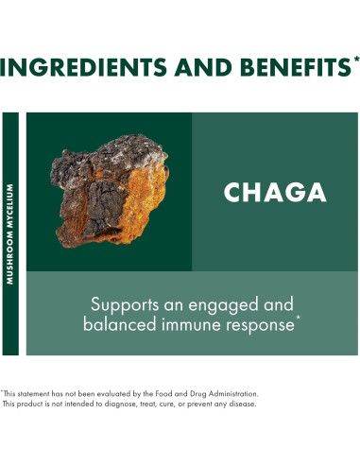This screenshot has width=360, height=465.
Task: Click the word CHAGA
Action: pos(275,192)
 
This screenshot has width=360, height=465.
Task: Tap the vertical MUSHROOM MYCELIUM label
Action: pos(10,232)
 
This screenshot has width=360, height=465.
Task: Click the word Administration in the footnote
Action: pos(228,393)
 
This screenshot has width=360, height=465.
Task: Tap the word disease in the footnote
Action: pos(240,404)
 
